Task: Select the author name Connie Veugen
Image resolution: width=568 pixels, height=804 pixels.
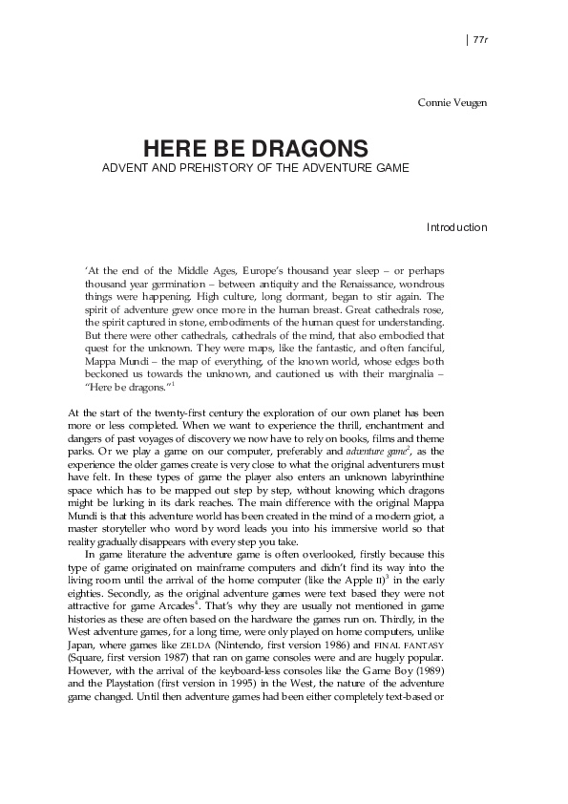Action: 452,101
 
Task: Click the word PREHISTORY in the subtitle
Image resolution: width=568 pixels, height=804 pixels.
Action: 197,168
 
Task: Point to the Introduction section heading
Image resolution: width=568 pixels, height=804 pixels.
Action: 456,227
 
